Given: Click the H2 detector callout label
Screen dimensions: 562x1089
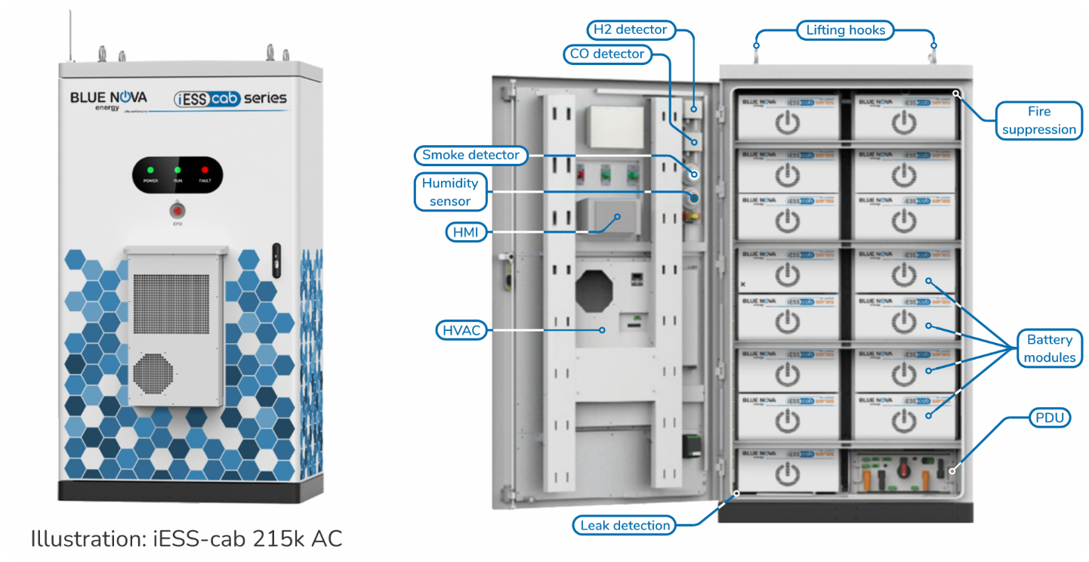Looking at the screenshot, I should click(629, 30).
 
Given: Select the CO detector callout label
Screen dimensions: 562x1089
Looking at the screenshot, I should click(606, 54).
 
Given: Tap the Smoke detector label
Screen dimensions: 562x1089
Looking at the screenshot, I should click(470, 156).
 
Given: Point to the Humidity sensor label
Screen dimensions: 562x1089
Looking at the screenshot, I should click(450, 192).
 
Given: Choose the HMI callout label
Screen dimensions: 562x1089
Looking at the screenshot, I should click(466, 232).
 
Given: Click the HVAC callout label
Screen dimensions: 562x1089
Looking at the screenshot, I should click(461, 331).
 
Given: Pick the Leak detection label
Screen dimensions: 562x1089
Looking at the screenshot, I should click(625, 525).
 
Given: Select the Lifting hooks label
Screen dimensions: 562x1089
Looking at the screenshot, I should click(845, 30).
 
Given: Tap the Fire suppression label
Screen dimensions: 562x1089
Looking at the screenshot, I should click(1039, 120).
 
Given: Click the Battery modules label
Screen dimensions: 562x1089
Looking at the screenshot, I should click(1050, 348).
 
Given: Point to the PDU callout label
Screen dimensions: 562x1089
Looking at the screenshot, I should click(1050, 418).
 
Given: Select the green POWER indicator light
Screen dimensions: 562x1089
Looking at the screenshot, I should click(150, 170).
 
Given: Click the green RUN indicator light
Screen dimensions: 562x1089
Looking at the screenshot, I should click(177, 170).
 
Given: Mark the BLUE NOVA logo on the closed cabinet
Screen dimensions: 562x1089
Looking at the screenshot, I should click(109, 99).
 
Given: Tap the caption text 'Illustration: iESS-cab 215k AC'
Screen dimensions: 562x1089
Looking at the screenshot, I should click(187, 539).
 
